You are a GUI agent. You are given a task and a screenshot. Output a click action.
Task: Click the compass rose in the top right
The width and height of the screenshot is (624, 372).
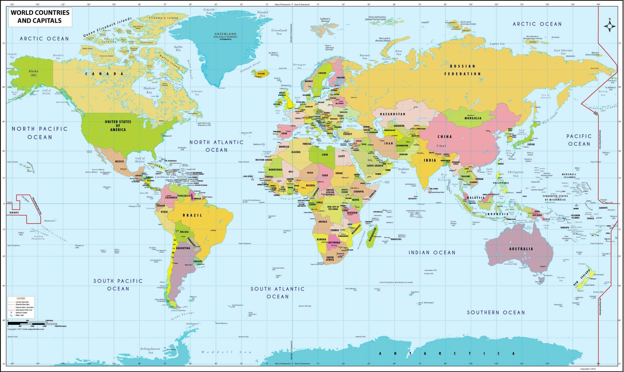point(610,26)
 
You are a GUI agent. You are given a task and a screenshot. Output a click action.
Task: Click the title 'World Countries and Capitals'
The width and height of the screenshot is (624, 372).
point(40,17)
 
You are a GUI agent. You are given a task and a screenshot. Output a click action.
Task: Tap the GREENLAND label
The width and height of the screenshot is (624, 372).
point(225,34)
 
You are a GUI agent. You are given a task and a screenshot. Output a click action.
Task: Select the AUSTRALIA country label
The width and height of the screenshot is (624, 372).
point(521,249)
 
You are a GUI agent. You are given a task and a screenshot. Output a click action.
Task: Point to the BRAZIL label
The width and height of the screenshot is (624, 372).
point(192,215)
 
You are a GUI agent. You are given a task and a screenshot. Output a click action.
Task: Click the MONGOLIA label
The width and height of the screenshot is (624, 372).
point(473,118)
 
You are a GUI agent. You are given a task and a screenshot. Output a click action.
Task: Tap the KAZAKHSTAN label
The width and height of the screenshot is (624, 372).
point(393,114)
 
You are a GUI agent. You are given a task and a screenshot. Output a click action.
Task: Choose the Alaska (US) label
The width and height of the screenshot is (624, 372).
point(33,73)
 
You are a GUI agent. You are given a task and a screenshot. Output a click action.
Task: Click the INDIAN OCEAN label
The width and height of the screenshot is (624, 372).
point(432,253)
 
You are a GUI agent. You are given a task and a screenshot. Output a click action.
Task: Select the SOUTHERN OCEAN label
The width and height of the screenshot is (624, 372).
point(496,312)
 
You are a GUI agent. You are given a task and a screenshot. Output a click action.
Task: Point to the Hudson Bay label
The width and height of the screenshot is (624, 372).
point(149,90)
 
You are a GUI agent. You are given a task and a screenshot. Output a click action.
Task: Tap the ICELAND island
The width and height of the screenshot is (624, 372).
point(261,73)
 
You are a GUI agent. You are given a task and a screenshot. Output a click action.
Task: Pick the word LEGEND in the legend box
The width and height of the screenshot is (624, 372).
point(21,298)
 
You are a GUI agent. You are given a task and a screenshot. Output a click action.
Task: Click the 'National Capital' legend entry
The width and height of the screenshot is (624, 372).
point(21,312)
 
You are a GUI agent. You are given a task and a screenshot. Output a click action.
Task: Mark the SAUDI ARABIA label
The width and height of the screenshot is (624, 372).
point(375,166)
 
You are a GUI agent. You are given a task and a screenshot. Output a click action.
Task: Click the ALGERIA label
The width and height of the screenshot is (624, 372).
point(296,152)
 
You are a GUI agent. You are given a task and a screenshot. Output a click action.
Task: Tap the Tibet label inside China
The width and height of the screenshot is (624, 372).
point(441,146)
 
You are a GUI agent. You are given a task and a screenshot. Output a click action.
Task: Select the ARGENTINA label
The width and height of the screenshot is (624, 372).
point(183,248)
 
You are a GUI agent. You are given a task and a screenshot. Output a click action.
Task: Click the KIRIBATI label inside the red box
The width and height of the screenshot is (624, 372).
point(14,212)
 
